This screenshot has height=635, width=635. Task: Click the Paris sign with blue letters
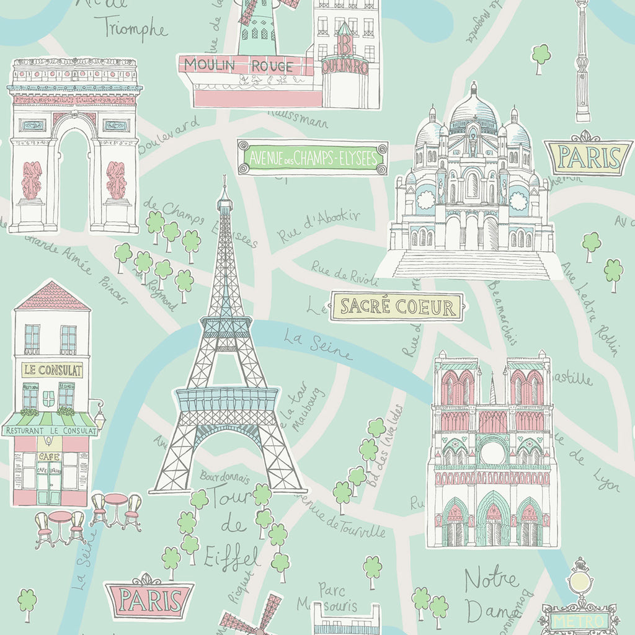coord(588,158)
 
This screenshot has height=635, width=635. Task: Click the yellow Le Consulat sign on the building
coord(52,370)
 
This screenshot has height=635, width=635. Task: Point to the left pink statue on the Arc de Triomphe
coord(32,180)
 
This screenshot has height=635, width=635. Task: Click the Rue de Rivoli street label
coord(336,272)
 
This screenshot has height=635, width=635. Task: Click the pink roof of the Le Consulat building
coord(52,297)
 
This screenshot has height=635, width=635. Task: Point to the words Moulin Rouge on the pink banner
coord(239,65)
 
